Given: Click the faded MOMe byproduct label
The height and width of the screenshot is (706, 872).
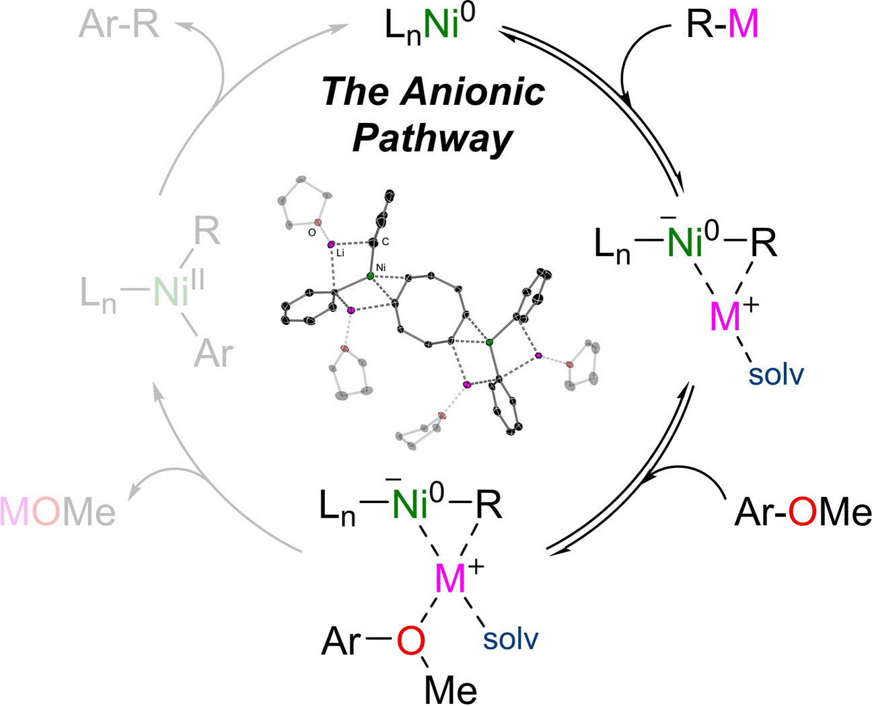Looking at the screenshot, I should tap(58, 512).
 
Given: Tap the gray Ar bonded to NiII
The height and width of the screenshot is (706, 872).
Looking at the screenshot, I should tap(213, 352).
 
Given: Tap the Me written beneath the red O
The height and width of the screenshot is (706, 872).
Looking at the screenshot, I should tap(451, 689).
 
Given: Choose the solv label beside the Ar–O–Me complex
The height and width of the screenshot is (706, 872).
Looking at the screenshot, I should tap(511, 639).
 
